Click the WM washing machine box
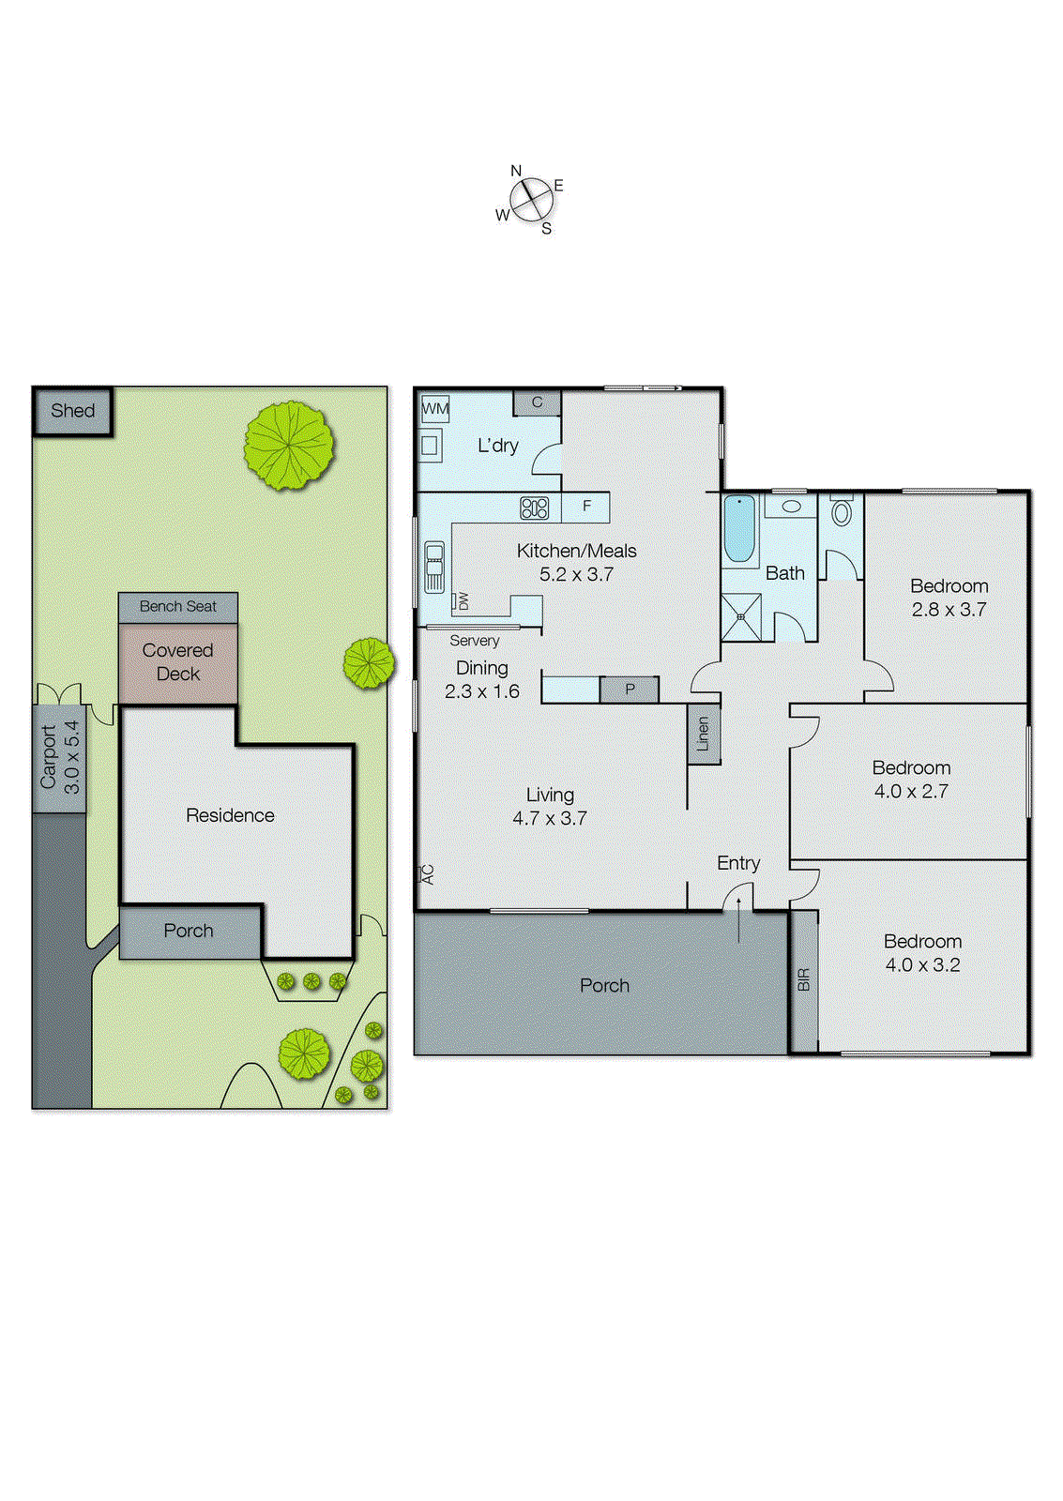(x=435, y=409)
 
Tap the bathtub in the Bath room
(x=739, y=529)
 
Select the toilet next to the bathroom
(x=841, y=512)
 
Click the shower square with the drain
(x=741, y=617)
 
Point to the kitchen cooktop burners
(x=534, y=508)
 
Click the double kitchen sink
(x=434, y=568)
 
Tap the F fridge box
(x=586, y=507)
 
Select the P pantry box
(x=630, y=690)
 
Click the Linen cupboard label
(x=703, y=735)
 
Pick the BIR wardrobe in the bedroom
(x=803, y=980)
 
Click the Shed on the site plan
(x=73, y=411)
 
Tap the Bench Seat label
(x=178, y=607)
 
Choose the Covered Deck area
(x=178, y=662)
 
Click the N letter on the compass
(x=516, y=171)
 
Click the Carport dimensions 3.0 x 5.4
(x=72, y=758)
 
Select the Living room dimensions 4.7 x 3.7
(x=550, y=819)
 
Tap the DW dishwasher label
(x=463, y=601)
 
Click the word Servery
(x=474, y=641)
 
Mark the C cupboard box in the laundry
(x=537, y=402)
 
